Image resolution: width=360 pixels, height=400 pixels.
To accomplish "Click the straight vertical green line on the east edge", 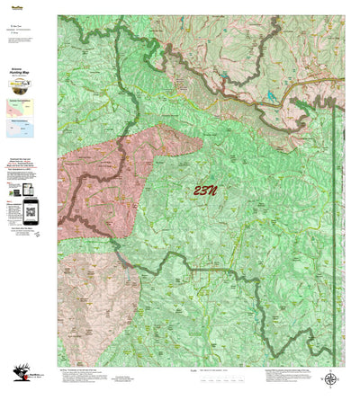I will [334, 225].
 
